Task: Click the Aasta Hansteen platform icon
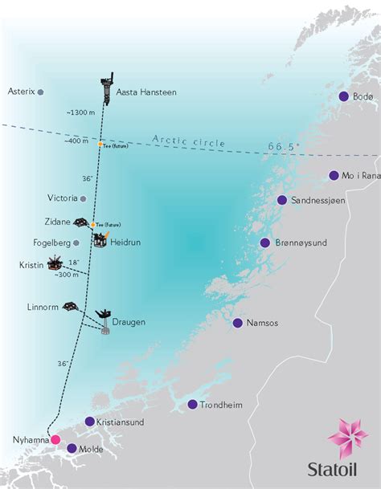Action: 107,88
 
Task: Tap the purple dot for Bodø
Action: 344,96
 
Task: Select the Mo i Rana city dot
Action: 334,175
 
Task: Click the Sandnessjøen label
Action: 318,201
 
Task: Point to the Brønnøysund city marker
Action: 264,242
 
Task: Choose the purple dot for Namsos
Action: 238,323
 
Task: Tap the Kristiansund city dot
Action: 89,421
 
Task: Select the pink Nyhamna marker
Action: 55,439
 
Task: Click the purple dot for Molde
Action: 71,449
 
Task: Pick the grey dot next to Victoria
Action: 82,198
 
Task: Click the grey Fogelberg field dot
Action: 76,242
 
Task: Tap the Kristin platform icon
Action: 55,263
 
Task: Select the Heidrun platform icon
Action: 100,238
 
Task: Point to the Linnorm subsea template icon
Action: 72,306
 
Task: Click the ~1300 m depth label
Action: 82,112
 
